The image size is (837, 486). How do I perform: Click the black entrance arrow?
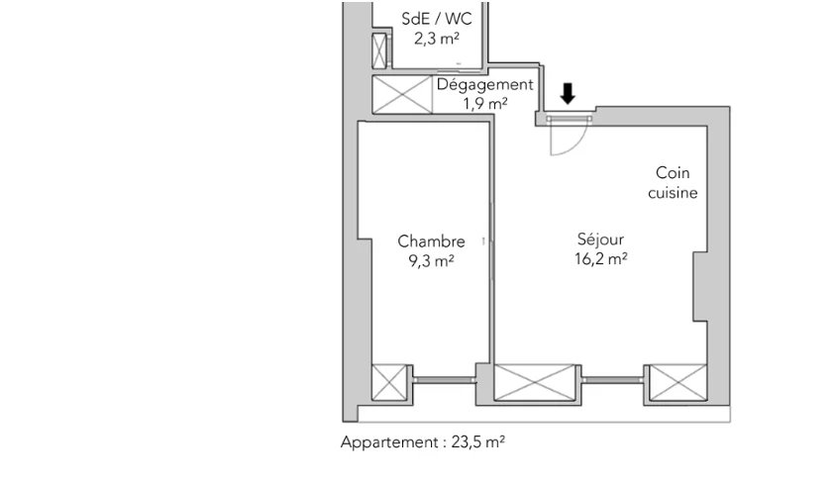pyautogui.click(x=568, y=94)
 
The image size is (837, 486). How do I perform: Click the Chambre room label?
pyautogui.click(x=431, y=241)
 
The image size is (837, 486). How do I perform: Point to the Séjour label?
pyautogui.click(x=601, y=241)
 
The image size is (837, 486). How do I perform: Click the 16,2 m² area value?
pyautogui.click(x=601, y=259)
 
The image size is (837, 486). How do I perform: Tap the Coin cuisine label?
pyautogui.click(x=674, y=183)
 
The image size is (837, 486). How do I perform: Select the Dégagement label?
pyautogui.click(x=485, y=84)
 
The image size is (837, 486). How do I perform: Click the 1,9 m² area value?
pyautogui.click(x=485, y=102)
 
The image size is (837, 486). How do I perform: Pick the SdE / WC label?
pyautogui.click(x=436, y=20)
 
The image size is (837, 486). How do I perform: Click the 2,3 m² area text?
pyautogui.click(x=436, y=40)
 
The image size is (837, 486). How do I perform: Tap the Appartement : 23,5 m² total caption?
pyautogui.click(x=423, y=442)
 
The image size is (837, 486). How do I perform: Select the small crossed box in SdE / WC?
pyautogui.click(x=378, y=49)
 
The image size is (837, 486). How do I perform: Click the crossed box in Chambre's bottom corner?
pyautogui.click(x=389, y=382)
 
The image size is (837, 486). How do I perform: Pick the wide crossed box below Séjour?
pyautogui.click(x=535, y=382)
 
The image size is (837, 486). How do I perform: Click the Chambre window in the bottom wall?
pyautogui.click(x=443, y=380)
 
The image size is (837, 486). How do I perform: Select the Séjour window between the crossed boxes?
pyautogui.click(x=610, y=380)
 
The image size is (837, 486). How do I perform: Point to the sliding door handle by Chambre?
pyautogui.click(x=482, y=241)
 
